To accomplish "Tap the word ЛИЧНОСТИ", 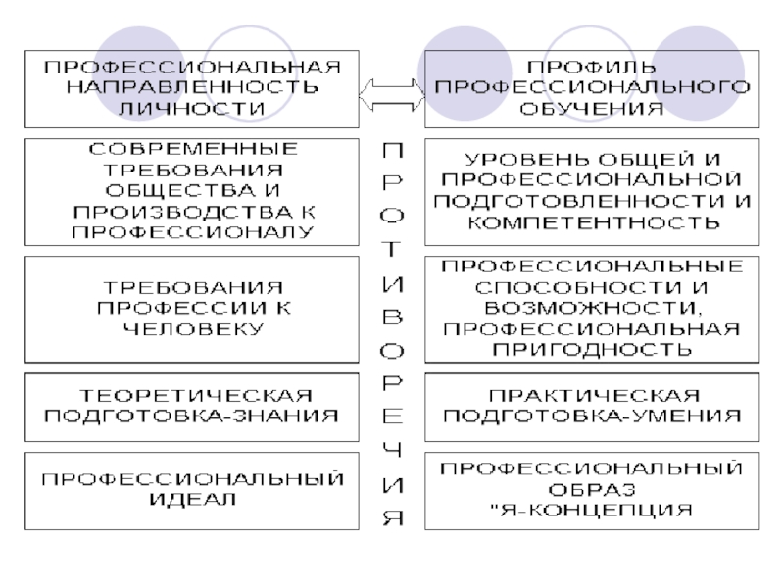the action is (x=192, y=108).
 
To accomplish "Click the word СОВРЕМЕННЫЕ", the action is (x=192, y=149).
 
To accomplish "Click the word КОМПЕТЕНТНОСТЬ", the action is (x=592, y=222).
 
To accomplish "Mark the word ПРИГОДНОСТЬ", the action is (x=592, y=349).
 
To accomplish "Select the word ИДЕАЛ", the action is (x=192, y=500).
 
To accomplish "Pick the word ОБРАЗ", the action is (x=592, y=489).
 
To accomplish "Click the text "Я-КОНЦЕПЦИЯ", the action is (x=592, y=510).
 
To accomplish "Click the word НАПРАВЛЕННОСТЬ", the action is (x=192, y=87).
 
